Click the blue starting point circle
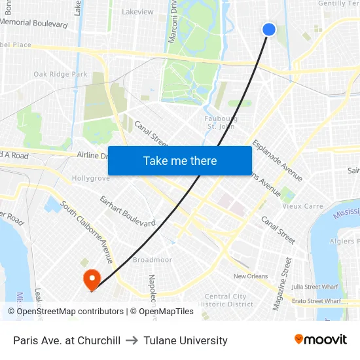tap(269, 29)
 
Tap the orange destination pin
tap(92, 280)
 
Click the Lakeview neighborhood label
tap(137, 12)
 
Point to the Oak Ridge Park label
tap(60, 75)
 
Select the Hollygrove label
tap(90, 178)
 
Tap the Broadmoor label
tap(153, 260)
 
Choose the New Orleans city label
tap(251, 276)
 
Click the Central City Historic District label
tap(226, 300)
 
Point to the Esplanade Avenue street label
tap(278, 160)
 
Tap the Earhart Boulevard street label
tap(127, 211)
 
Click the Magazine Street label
tap(282, 284)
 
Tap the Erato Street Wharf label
tap(317, 301)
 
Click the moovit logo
tap(320, 340)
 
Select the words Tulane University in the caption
tap(185, 340)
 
